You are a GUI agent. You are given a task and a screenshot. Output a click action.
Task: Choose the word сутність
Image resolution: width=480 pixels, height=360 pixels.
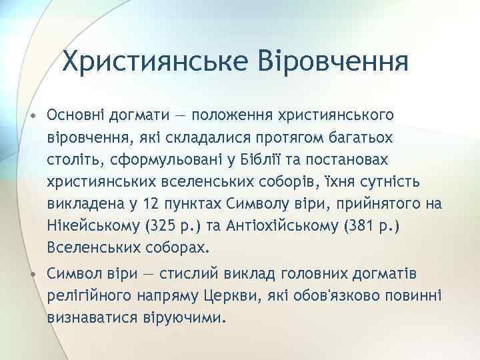(x=380, y=181)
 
